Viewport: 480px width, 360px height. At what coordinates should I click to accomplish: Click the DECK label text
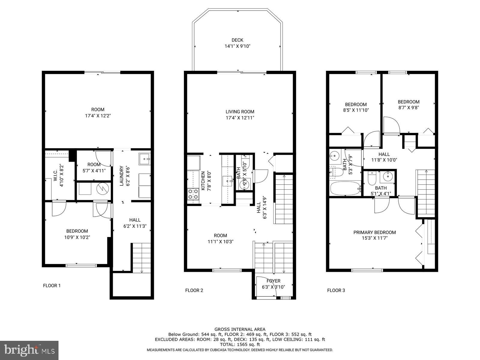coord(237,40)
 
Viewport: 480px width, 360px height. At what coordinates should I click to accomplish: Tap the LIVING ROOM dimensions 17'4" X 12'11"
coord(240,118)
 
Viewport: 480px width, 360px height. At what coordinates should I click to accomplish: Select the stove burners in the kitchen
coord(193,194)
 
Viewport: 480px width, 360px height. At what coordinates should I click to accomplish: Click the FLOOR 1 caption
coord(52,286)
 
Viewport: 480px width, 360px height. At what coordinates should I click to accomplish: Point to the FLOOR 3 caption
coord(336,290)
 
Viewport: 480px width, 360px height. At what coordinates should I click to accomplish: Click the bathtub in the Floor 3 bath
coord(345,188)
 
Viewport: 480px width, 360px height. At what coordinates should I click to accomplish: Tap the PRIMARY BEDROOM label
coord(374,232)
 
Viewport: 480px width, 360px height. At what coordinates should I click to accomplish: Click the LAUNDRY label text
coord(121,176)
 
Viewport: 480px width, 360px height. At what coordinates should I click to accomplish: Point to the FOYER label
coord(273,281)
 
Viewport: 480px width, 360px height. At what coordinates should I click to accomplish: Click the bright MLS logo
coord(29,350)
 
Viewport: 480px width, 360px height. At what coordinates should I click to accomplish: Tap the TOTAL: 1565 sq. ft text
coord(240,345)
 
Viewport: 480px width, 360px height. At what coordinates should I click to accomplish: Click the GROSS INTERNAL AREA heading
coord(240,329)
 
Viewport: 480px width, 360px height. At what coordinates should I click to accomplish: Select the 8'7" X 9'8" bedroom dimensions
coord(409,107)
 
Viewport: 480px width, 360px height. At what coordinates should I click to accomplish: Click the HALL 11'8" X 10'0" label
coord(384,157)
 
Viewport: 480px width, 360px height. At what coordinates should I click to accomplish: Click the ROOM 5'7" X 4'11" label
coord(94,167)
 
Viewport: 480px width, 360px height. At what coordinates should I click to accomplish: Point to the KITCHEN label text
coord(203,181)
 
